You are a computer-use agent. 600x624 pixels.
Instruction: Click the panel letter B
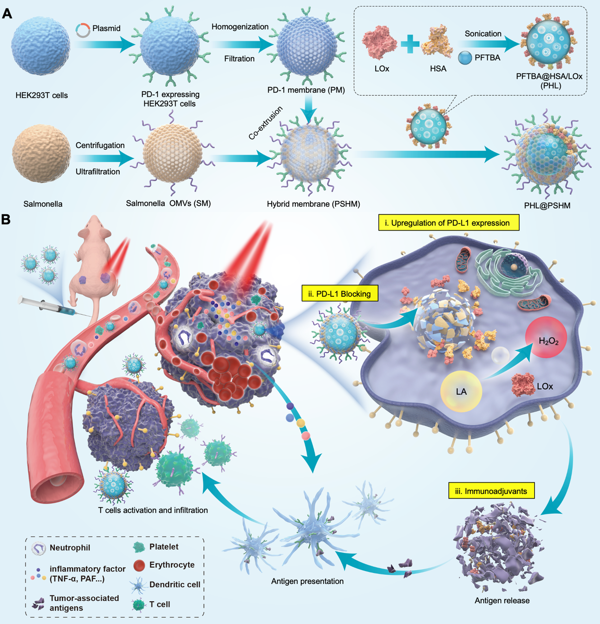(6, 219)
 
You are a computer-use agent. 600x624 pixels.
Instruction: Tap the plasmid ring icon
(83, 30)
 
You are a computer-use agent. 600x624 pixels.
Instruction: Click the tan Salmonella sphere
(42, 154)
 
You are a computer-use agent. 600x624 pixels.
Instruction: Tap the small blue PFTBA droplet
(465, 58)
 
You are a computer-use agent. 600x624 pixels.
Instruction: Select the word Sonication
(483, 34)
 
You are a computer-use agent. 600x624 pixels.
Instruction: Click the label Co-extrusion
(265, 123)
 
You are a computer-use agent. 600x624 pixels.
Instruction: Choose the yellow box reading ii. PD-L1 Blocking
(340, 294)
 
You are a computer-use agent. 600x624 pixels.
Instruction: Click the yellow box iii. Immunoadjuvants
(491, 491)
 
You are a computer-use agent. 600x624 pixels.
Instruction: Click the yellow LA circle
(461, 391)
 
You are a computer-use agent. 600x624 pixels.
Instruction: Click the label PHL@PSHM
(547, 206)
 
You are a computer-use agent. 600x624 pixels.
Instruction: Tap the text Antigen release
(502, 600)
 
